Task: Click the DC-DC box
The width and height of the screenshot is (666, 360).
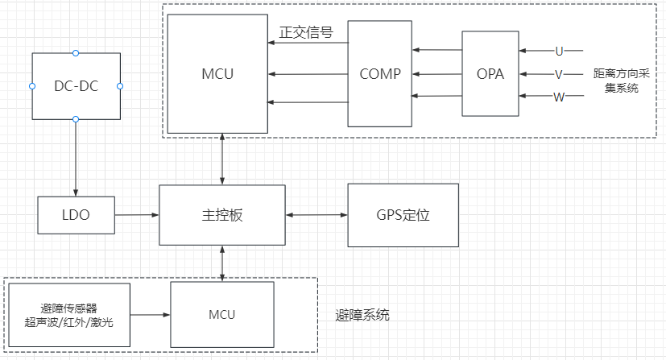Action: [x=76, y=86]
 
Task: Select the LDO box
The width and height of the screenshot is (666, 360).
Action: [x=76, y=215]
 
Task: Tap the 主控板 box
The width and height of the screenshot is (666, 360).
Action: [x=222, y=215]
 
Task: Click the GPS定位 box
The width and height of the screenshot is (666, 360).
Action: [x=403, y=215]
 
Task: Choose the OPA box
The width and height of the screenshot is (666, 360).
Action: [x=490, y=74]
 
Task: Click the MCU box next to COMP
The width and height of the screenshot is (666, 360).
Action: [x=217, y=74]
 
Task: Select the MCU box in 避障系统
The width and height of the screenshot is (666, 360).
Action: [x=221, y=314]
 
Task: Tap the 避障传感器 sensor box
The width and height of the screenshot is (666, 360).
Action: [x=68, y=315]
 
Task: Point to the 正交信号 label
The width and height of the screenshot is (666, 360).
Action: [x=306, y=34]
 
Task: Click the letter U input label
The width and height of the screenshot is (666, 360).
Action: [x=559, y=52]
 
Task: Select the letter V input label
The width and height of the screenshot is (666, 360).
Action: [x=559, y=74]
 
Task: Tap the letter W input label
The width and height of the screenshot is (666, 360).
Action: [x=559, y=97]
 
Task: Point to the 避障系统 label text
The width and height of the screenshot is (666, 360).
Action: [x=362, y=315]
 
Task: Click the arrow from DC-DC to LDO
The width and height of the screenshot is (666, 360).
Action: [x=76, y=157]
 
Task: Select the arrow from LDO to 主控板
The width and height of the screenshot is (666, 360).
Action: [x=136, y=215]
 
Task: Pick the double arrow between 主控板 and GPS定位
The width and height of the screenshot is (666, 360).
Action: [x=316, y=215]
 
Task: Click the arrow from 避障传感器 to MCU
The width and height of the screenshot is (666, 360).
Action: [x=150, y=314]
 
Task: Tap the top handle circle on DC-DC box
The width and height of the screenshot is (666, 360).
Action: [x=76, y=53]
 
